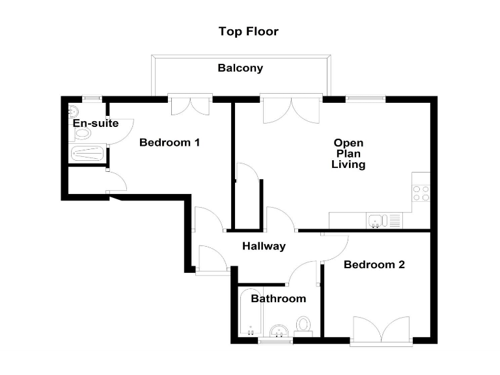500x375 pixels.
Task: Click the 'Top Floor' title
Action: (248, 31)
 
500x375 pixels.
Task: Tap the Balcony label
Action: (240, 68)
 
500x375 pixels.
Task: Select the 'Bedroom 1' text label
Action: (169, 143)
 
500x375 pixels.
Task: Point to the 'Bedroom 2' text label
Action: (374, 264)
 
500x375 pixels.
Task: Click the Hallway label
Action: (264, 246)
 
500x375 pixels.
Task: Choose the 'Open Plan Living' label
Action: (349, 154)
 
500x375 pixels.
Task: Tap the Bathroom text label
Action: (278, 299)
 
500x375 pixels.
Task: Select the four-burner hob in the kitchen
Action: (421, 192)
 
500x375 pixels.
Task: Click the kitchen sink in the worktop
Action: (376, 221)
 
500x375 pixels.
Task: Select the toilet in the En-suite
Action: (81, 134)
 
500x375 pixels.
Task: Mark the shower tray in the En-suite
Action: (87, 155)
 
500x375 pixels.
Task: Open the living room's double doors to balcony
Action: (291, 107)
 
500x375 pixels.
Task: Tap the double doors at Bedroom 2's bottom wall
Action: (382, 330)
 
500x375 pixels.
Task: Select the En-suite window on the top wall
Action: (92, 99)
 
